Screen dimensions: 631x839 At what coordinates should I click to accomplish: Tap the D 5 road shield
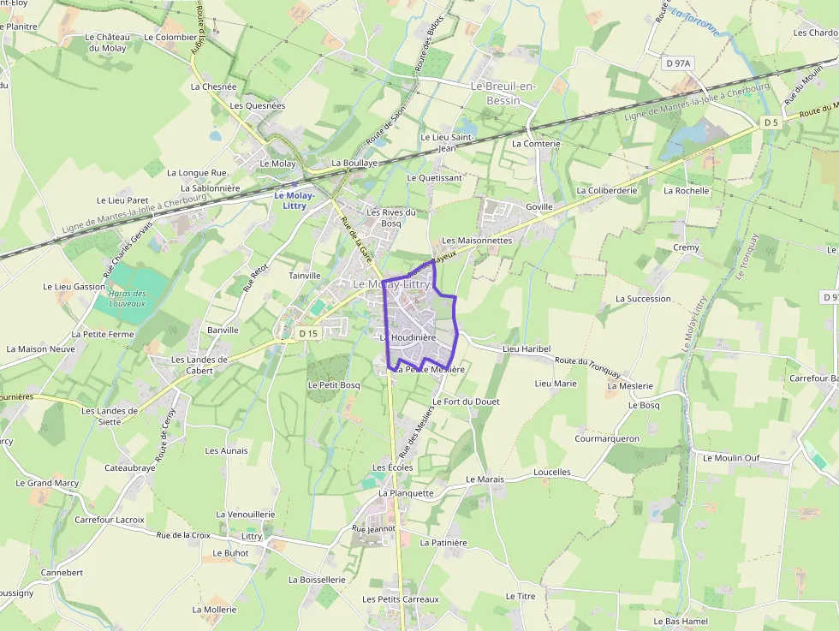click(x=771, y=122)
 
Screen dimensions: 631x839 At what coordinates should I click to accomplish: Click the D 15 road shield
click(x=308, y=332)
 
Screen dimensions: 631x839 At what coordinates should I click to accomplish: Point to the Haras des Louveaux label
click(x=128, y=298)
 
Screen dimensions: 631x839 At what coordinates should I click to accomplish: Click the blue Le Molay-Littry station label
click(x=295, y=200)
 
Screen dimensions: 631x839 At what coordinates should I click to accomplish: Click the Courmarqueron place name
click(x=607, y=438)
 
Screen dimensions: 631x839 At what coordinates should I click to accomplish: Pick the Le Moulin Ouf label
click(x=731, y=458)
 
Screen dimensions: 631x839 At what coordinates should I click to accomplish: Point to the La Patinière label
click(x=443, y=542)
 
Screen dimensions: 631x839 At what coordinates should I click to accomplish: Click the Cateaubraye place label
click(x=130, y=468)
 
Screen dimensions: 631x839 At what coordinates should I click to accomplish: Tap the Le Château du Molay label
click(x=107, y=43)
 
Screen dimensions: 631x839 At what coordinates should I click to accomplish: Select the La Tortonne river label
click(x=695, y=21)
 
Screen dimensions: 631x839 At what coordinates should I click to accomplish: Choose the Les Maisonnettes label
click(x=477, y=241)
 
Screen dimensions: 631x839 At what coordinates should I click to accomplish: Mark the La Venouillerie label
click(x=246, y=515)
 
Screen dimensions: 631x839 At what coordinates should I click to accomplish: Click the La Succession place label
click(x=643, y=299)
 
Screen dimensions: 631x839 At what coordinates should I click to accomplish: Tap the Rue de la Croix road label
click(x=183, y=535)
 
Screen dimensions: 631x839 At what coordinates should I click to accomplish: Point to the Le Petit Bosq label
click(x=334, y=385)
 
